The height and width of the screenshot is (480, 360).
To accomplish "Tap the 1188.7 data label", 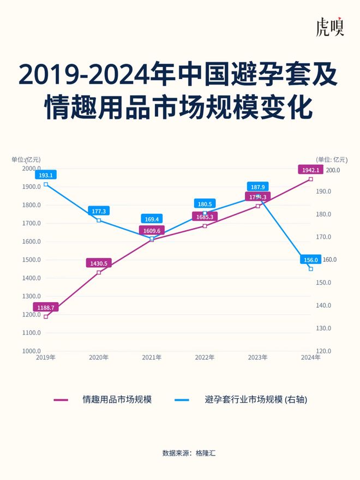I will coord(45,308).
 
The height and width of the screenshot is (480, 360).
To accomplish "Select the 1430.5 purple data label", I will coord(99,263).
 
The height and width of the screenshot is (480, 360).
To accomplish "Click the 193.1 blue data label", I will coord(45,175).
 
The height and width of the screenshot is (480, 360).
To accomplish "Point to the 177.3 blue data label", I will coord(99,211).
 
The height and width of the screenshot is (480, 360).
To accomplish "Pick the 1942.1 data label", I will coord(311,170).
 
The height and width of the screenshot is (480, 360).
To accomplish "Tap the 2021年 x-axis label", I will coord(152,357).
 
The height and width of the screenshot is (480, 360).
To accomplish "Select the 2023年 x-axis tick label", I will coord(257,357).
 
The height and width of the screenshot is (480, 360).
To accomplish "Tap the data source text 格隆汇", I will coord(206,453).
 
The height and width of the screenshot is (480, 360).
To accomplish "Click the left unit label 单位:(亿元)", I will coord(26,159).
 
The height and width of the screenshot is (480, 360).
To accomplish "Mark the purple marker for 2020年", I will coord(99,272).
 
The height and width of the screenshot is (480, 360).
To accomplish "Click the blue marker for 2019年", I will coord(45,184).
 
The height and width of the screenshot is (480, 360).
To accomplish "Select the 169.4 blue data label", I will coord(152,219).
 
